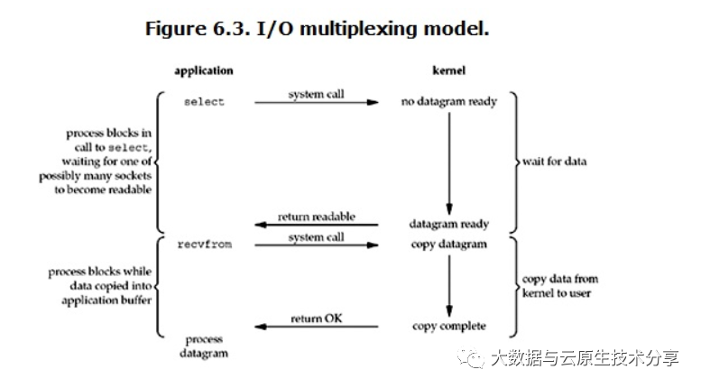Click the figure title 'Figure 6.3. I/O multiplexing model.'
coord(317,28)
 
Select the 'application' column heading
coord(203,70)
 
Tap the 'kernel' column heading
coord(448,70)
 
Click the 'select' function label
coord(203,102)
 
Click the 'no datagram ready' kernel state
coord(448,102)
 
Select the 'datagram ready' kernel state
coord(448,224)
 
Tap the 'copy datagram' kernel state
coord(448,245)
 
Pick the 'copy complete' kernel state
coord(448,326)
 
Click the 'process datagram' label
coord(205,346)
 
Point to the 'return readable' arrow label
coord(317,217)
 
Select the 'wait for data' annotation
coord(552,162)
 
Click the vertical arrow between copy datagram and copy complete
coord(448,284)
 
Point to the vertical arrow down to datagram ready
coord(448,162)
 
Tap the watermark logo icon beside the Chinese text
coord(473,359)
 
